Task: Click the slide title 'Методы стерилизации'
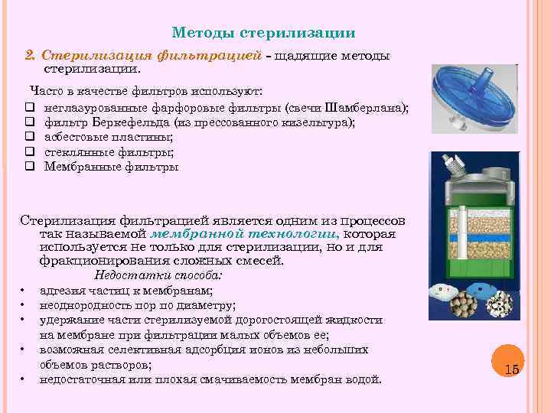263,33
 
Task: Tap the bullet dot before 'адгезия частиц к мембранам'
24,291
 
